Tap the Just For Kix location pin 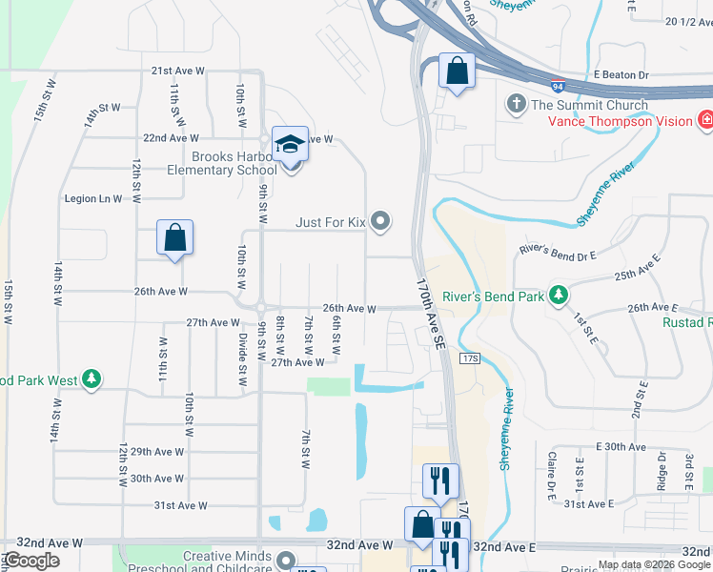pyautogui.click(x=381, y=222)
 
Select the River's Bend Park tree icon pyautogui.click(x=558, y=296)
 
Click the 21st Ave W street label pyautogui.click(x=177, y=71)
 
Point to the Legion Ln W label pyautogui.click(x=92, y=198)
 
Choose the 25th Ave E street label pyautogui.click(x=638, y=276)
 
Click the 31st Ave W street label pyautogui.click(x=181, y=505)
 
